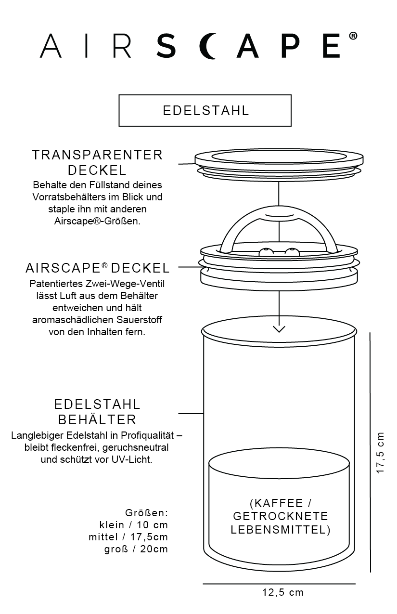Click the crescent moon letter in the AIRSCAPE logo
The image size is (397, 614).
click(x=209, y=46)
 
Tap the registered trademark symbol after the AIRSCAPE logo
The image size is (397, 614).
click(x=353, y=37)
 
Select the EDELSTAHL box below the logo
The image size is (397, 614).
click(x=205, y=110)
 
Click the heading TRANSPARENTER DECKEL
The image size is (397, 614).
click(x=98, y=162)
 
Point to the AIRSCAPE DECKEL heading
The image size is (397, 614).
click(x=98, y=268)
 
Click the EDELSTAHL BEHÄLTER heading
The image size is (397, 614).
click(x=98, y=411)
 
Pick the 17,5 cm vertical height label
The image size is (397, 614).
click(x=381, y=452)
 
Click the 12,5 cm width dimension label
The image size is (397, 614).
click(x=283, y=592)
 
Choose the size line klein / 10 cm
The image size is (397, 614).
click(x=133, y=525)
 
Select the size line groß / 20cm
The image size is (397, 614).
click(x=136, y=549)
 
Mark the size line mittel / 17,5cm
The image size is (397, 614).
click(x=128, y=537)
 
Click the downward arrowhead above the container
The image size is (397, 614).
click(x=279, y=329)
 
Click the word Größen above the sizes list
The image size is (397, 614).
click(x=146, y=512)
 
